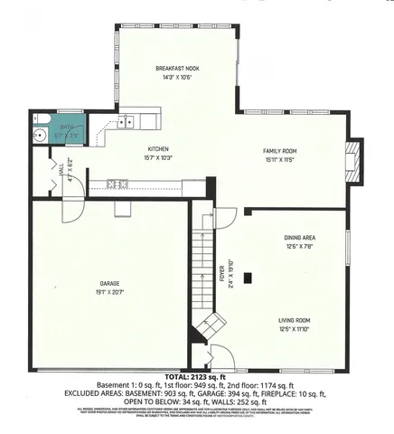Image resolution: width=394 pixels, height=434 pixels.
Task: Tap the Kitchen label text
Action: (x=159, y=149)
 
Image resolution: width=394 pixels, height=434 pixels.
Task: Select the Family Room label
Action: (x=280, y=150)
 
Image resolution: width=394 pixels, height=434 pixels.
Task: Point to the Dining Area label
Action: (x=298, y=238)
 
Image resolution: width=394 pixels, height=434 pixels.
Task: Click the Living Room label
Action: (x=295, y=321)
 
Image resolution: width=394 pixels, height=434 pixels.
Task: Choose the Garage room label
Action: (x=109, y=284)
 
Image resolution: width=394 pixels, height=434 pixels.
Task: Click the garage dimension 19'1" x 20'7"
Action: (x=109, y=292)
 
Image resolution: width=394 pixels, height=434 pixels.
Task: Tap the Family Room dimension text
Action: (x=280, y=159)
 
